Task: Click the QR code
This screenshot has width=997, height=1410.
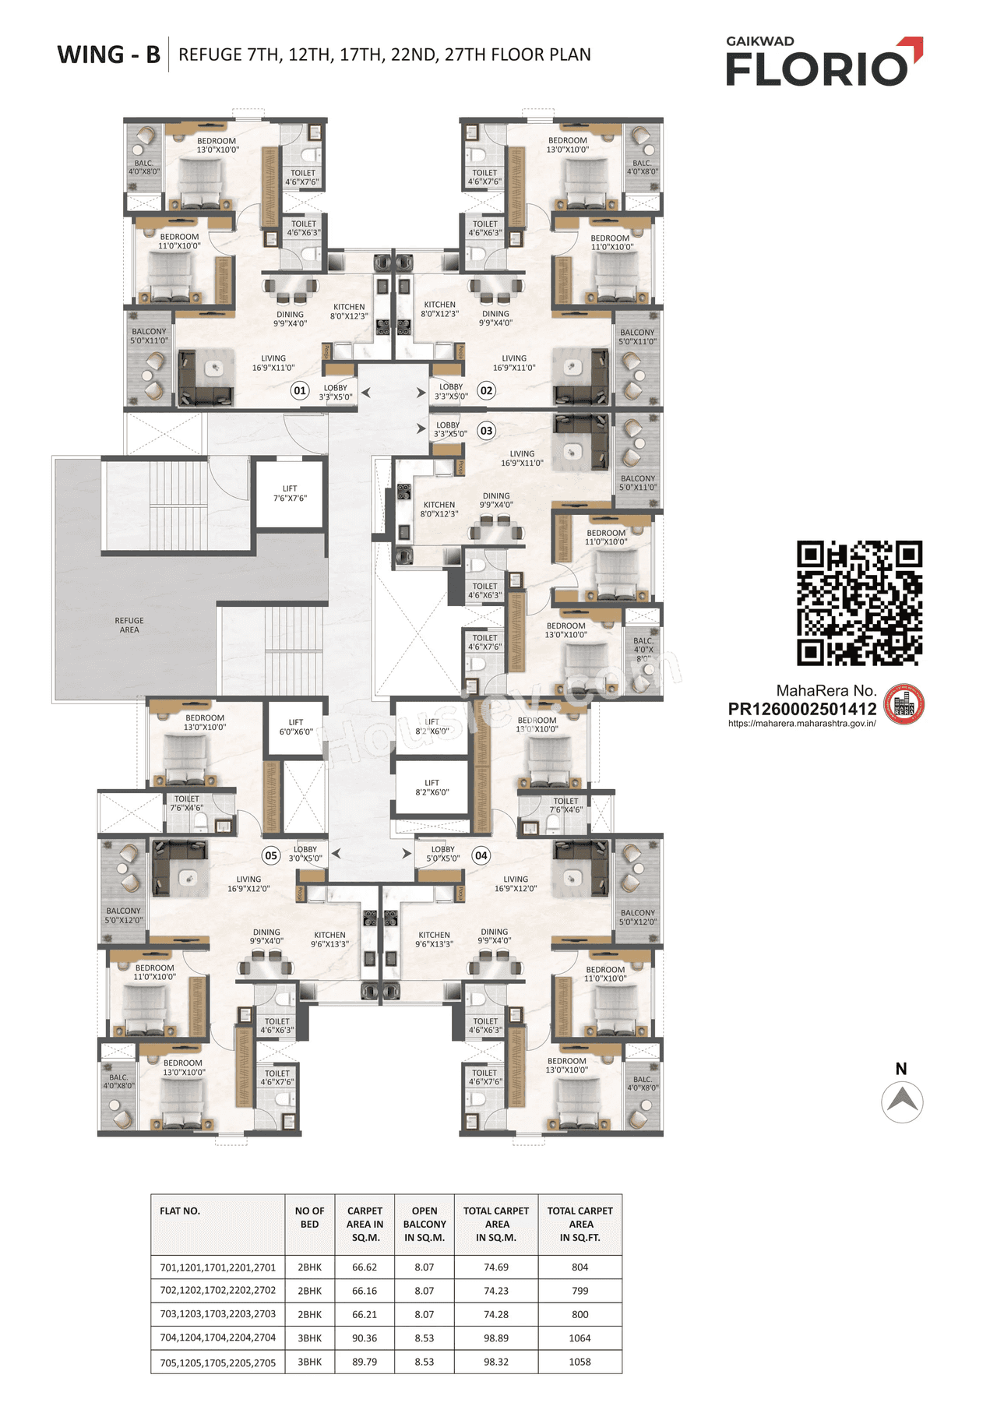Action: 859,603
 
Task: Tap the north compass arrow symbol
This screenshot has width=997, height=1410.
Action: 902,1101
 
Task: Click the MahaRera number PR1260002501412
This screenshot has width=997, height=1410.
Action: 801,709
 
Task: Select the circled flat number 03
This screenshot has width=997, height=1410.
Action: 486,431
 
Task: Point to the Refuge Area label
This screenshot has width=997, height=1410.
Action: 129,625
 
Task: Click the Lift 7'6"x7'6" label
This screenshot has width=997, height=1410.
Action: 290,493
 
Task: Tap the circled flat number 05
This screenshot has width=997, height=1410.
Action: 270,855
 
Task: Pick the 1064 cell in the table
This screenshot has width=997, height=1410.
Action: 580,1338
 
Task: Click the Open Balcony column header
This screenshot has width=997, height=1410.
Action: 424,1224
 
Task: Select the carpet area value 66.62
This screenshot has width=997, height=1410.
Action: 365,1267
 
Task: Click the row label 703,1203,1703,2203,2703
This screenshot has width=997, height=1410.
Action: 218,1314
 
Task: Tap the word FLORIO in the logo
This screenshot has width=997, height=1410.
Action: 816,69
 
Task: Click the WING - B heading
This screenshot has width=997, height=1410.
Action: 109,55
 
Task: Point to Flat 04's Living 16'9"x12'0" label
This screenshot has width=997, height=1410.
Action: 516,883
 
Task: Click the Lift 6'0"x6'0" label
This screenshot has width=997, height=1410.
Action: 296,727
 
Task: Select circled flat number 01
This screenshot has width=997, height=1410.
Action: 300,390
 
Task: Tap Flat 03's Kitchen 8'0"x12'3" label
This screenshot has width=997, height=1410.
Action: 439,509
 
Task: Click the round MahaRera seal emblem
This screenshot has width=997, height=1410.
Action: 904,705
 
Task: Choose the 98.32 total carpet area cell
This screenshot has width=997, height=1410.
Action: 496,1362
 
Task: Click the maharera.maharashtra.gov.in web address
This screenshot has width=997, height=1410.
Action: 801,724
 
